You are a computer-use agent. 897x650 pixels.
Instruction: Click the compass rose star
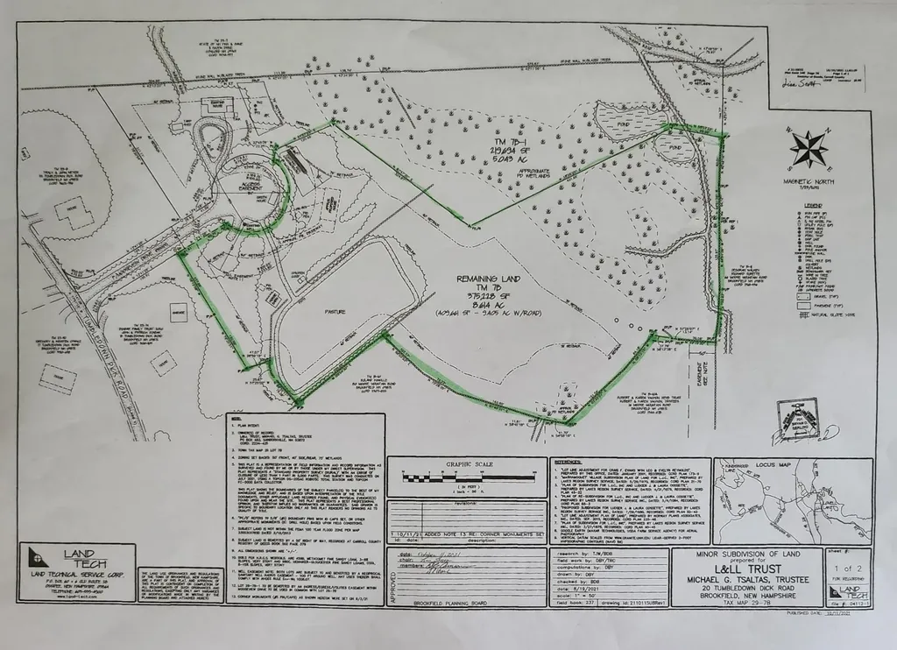click(808, 148)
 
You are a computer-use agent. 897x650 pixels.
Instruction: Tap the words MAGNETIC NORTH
click(809, 180)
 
